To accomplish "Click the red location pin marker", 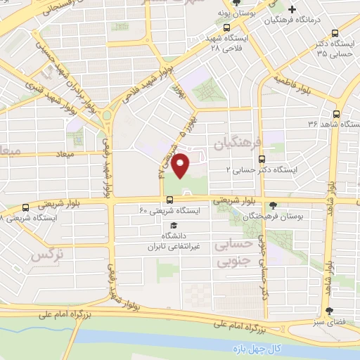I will point(182,165).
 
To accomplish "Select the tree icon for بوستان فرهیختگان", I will point(274,206).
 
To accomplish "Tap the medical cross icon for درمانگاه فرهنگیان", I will point(291,10).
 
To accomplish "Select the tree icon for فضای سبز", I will point(330,311).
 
